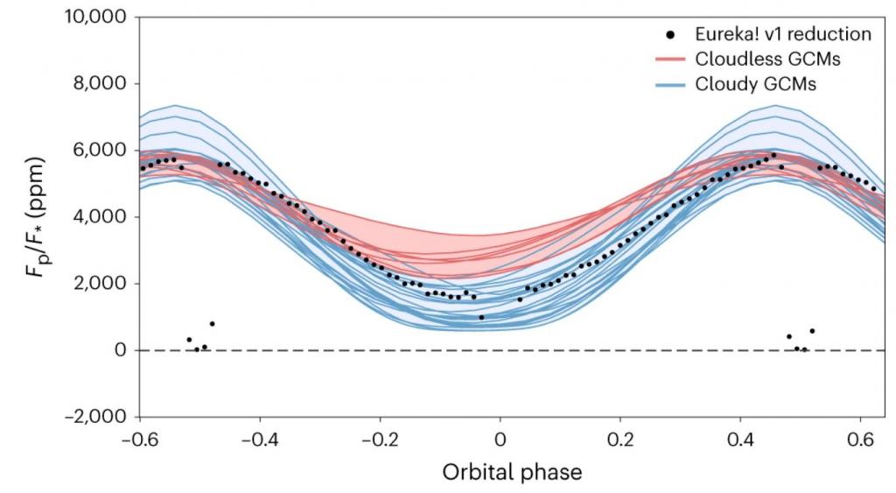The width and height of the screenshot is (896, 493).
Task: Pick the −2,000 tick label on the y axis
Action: coord(96,417)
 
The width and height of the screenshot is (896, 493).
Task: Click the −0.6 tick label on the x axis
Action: coord(139,435)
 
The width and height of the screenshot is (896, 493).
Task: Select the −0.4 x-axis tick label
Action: coord(260,435)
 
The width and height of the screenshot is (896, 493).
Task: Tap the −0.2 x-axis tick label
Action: coord(380,435)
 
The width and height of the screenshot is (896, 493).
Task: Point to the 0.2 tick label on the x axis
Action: coord(620,435)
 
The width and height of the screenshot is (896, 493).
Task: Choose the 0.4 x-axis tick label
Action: coord(740,435)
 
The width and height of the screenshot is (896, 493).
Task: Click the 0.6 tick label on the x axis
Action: coord(861,435)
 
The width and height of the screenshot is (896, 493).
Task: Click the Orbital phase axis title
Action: coord(500,471)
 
